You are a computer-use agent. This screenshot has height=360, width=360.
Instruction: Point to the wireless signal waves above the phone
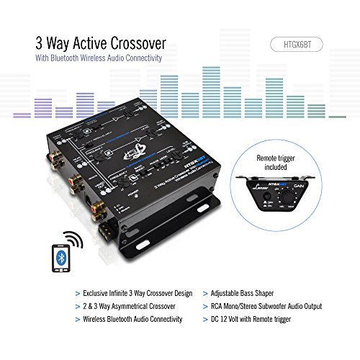[72, 239]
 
